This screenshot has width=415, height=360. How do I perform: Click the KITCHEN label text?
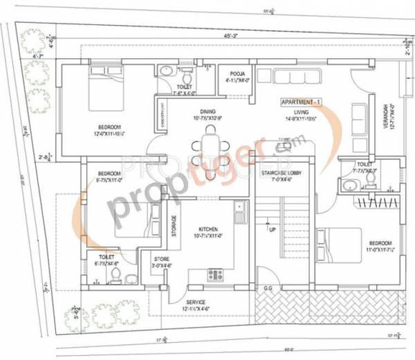pos(208,228)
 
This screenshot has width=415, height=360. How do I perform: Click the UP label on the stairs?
pos(273,230)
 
